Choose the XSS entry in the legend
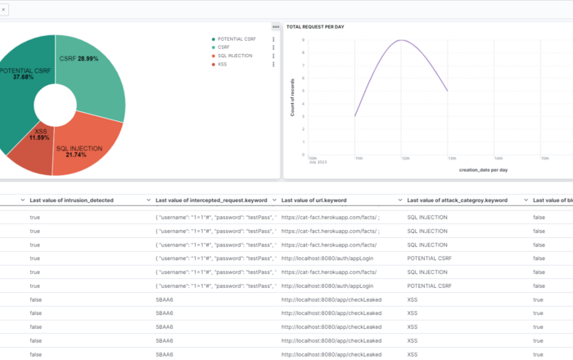click(x=222, y=63)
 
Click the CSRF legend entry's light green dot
click(x=213, y=47)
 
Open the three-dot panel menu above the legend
click(x=276, y=27)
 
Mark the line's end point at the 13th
click(x=447, y=90)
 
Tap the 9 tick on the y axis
click(x=304, y=40)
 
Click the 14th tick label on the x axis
click(x=498, y=158)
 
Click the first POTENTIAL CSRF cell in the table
click(x=429, y=259)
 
